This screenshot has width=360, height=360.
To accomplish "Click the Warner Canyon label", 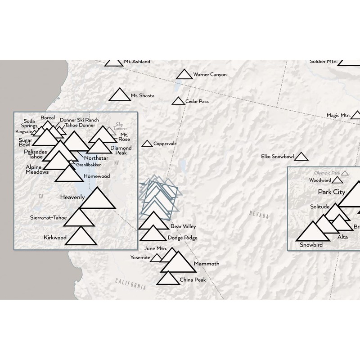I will pyautogui.click(x=210, y=75).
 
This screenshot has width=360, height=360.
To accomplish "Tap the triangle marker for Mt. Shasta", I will pyautogui.click(x=119, y=95).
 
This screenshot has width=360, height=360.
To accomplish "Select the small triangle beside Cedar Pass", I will pyautogui.click(x=179, y=102).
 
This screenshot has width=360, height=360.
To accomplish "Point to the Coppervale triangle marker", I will pyautogui.click(x=147, y=144).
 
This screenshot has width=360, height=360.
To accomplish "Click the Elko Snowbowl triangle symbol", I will pyautogui.click(x=301, y=157).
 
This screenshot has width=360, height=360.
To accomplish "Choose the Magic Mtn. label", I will pyautogui.click(x=338, y=116).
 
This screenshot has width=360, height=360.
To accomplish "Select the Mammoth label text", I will pyautogui.click(x=207, y=263).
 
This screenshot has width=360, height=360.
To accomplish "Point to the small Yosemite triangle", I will pyautogui.click(x=156, y=258).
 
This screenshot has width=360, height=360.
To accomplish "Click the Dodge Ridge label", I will pyautogui.click(x=182, y=238).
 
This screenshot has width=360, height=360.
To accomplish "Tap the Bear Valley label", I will pyautogui.click(x=183, y=226).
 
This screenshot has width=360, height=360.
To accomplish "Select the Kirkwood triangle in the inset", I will pyautogui.click(x=81, y=237).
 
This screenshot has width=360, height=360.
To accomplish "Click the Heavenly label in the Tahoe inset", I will pyautogui.click(x=72, y=197).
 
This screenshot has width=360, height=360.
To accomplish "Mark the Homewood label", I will pyautogui.click(x=97, y=176).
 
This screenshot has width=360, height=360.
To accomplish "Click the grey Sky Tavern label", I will pyautogui.click(x=120, y=126).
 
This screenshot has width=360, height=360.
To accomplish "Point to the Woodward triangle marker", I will pyautogui.click(x=337, y=180).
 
